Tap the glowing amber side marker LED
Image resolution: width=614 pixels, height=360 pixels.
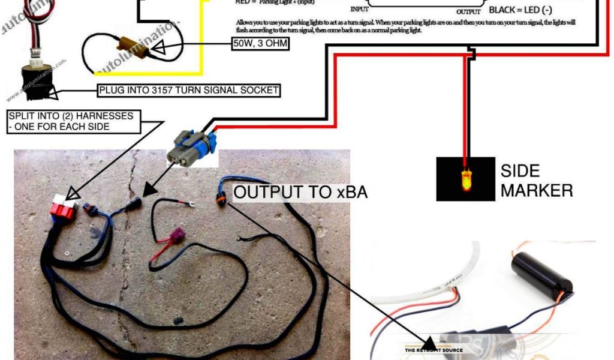point(465,179)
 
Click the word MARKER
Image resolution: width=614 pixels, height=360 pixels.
point(536,191)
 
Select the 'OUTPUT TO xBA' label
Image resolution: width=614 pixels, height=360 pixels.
point(300,192)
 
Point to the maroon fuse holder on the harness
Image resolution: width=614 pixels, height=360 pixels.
point(177,238)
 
